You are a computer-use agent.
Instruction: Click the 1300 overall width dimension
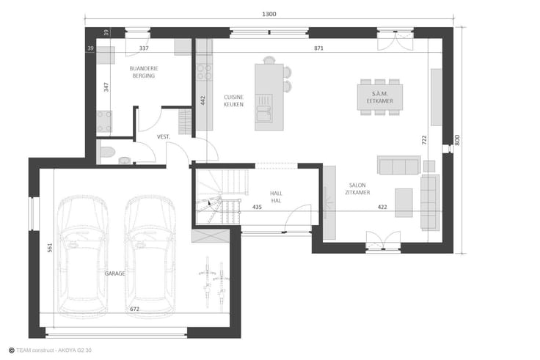click(269, 14)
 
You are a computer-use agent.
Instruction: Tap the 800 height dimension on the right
click(457, 140)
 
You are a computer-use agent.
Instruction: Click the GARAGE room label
click(115, 273)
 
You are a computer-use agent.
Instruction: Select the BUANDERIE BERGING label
click(144, 72)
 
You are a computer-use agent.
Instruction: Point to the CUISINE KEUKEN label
click(234, 100)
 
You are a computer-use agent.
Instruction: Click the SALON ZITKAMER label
click(357, 189)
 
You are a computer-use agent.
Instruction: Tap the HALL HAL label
click(276, 197)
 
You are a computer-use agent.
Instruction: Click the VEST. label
click(164, 136)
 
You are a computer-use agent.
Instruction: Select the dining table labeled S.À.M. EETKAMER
click(380, 97)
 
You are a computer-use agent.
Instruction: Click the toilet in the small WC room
click(107, 152)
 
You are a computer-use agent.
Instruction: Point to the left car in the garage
click(83, 255)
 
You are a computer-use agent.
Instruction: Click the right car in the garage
click(150, 255)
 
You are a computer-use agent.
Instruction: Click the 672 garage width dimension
click(135, 309)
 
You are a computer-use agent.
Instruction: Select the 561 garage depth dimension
click(50, 248)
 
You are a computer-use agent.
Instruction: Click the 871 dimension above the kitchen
click(318, 48)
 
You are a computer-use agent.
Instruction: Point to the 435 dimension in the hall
click(257, 207)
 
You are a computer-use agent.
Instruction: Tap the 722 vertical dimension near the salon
click(424, 140)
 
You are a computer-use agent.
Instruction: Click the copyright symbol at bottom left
click(11, 350)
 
